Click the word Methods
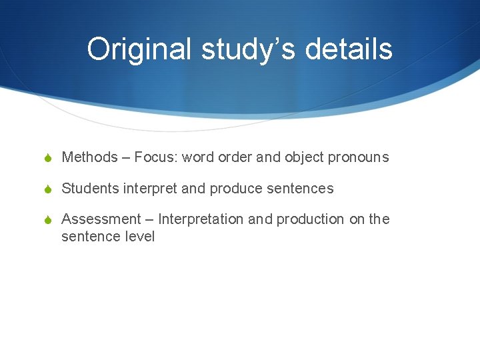click(x=89, y=158)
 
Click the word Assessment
click(x=101, y=219)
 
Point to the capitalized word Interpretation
click(x=201, y=219)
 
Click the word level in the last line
click(x=139, y=236)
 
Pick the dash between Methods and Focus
click(x=125, y=158)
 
